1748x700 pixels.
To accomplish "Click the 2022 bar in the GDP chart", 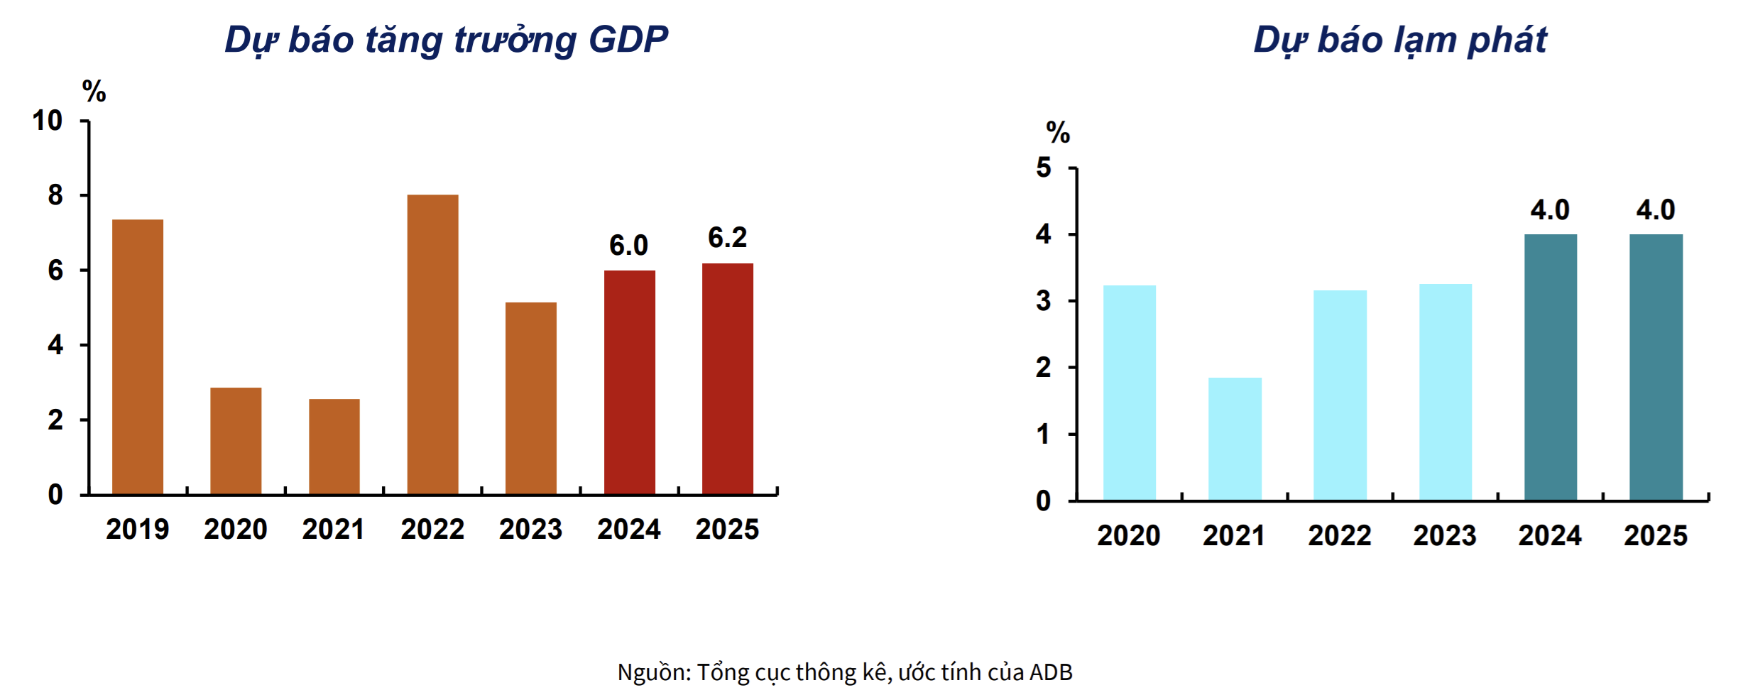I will (x=432, y=344).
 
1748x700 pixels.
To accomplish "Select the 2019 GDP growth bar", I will (x=138, y=357).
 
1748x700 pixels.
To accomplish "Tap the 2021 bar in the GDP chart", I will (x=334, y=447).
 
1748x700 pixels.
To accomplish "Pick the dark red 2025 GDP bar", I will (x=727, y=378).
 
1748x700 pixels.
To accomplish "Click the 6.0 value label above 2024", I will (x=628, y=246).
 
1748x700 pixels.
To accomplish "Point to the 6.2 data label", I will (x=727, y=238).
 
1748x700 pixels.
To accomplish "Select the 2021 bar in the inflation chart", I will (x=1235, y=439).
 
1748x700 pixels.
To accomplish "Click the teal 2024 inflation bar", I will (x=1550, y=367).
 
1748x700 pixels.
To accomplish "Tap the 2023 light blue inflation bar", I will (x=1445, y=392).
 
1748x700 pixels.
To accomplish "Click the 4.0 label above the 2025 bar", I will (x=1655, y=210).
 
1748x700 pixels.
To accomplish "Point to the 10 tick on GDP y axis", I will (x=47, y=121).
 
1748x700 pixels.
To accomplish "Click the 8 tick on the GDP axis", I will (x=55, y=195).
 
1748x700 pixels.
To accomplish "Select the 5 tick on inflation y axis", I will (x=1043, y=168).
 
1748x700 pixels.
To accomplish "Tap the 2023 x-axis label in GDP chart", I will (x=530, y=530).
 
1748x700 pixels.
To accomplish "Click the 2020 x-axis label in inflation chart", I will (x=1128, y=535).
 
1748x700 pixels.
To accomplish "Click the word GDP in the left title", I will (x=628, y=40).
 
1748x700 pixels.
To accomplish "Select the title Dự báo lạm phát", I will (x=1399, y=40).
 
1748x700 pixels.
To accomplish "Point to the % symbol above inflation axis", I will (x=1057, y=133).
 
